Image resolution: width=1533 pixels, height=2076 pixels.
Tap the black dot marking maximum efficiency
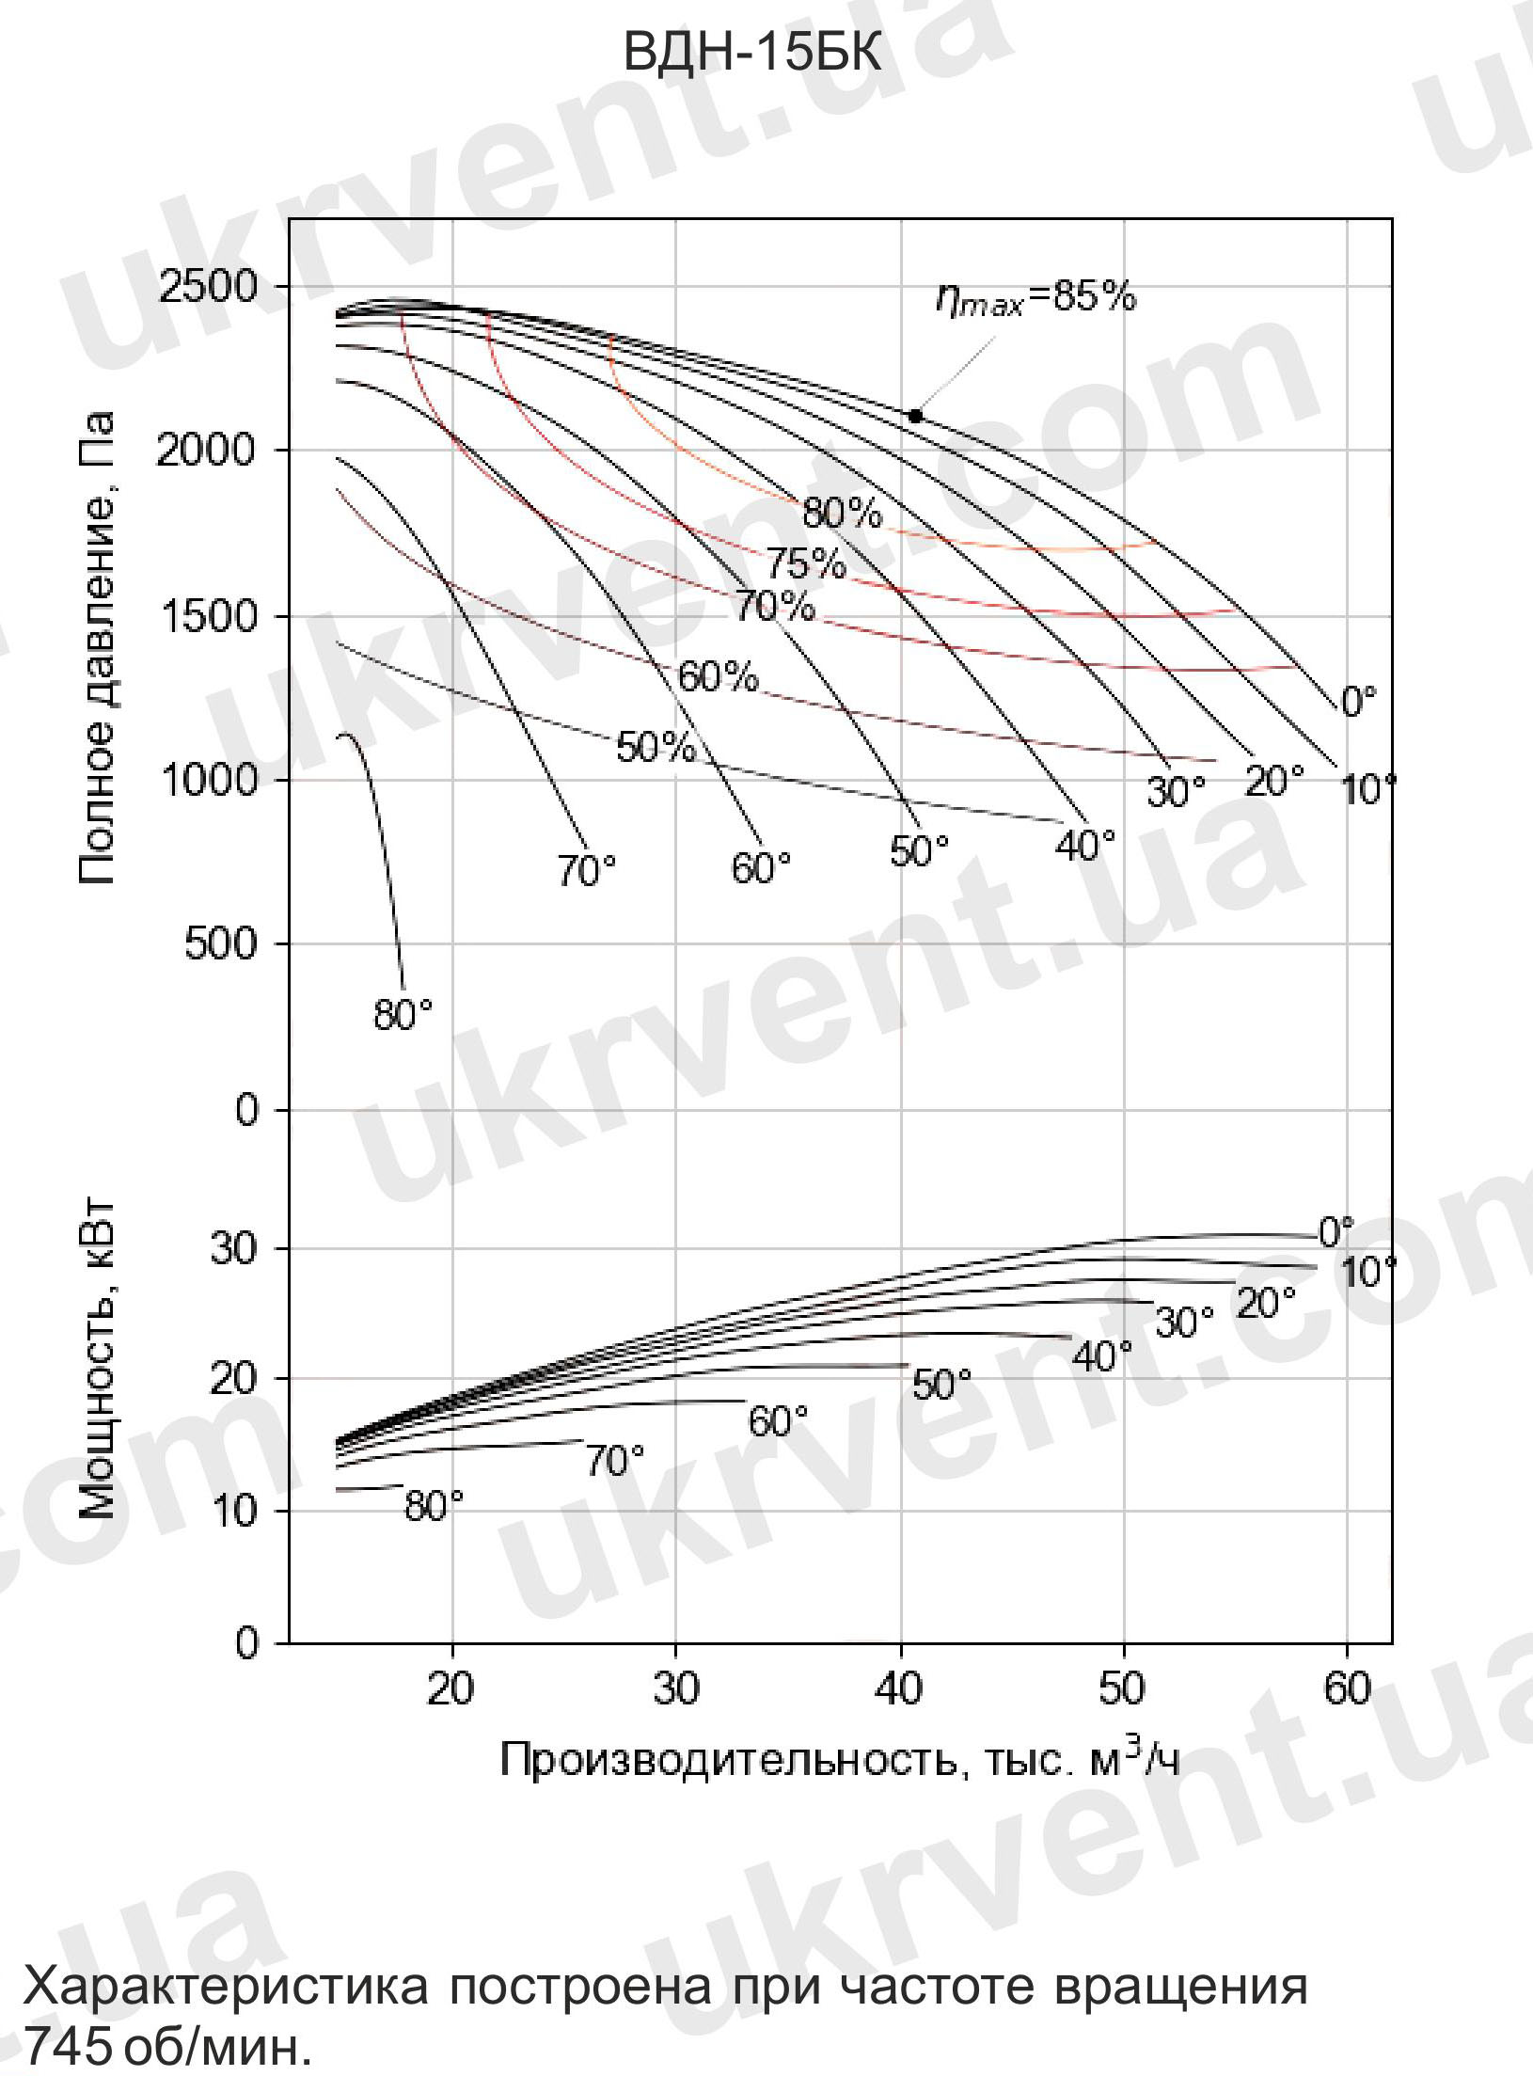pyautogui.click(x=915, y=416)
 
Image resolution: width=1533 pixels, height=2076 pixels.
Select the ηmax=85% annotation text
pyautogui.click(x=1035, y=299)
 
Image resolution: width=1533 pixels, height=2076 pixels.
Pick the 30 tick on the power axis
pyautogui.click(x=234, y=1248)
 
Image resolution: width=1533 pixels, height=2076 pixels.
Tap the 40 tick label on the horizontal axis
pyautogui.click(x=900, y=1689)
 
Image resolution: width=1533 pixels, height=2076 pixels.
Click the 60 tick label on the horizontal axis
pyautogui.click(x=1347, y=1689)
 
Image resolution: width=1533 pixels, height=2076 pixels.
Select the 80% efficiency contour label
pyautogui.click(x=842, y=514)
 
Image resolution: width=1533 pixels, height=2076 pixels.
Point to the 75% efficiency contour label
pyautogui.click(x=805, y=564)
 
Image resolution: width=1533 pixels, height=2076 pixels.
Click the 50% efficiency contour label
pyautogui.click(x=656, y=748)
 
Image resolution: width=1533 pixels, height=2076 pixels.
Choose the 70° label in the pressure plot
pyautogui.click(x=587, y=872)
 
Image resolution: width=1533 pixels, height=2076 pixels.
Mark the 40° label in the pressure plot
pyautogui.click(x=1085, y=846)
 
